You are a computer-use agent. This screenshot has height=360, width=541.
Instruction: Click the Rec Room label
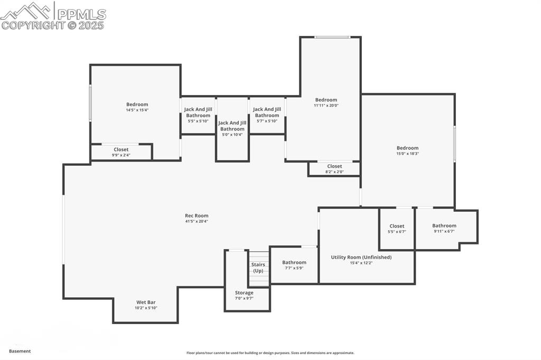[197, 215]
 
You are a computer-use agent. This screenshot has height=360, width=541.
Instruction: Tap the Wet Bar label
[146, 302]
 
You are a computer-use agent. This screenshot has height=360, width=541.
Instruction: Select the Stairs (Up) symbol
[258, 268]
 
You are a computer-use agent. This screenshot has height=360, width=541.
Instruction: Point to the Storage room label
[244, 292]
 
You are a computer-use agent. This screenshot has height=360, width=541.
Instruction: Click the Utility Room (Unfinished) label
[361, 257]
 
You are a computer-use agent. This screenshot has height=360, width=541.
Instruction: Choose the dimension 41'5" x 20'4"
[197, 221]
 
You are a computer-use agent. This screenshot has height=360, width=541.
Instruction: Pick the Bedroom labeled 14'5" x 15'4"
[137, 105]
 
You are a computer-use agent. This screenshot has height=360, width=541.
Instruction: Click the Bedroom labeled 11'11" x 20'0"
[326, 100]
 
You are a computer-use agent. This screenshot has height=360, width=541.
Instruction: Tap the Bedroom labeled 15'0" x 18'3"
[407, 148]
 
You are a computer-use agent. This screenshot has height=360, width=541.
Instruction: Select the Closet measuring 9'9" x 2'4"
[121, 150]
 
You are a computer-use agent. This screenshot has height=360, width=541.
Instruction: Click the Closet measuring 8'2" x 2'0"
[334, 166]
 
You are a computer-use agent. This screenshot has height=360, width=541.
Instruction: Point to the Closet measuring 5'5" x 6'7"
[397, 226]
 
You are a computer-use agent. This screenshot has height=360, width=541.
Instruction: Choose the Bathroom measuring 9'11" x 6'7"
[444, 226]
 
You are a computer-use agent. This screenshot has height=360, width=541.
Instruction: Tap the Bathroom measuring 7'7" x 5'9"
[294, 262]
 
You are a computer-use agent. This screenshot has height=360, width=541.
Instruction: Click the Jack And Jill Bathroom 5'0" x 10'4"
[232, 126]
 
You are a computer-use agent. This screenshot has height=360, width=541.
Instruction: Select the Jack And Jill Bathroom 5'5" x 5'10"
[198, 112]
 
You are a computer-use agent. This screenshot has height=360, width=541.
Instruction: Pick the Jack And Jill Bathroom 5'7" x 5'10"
[267, 112]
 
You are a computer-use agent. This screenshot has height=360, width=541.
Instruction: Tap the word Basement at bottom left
[20, 351]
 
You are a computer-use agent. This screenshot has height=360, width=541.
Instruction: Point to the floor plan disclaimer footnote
[270, 353]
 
